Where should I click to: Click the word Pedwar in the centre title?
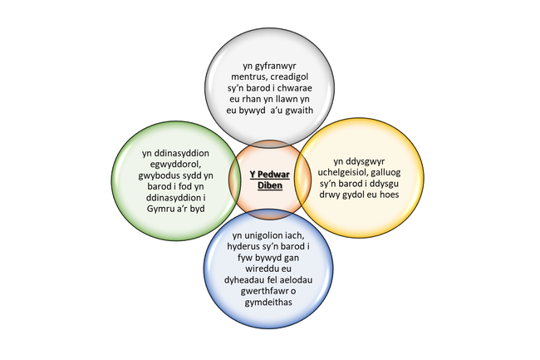click(274, 175)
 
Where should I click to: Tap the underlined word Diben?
click(270, 185)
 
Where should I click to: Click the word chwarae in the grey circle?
click(295, 88)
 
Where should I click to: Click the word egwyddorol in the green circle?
click(175, 165)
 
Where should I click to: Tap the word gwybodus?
click(157, 176)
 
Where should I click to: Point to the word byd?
click(197, 209)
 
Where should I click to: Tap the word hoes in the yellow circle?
click(390, 195)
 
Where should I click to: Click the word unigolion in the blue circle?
click(263, 236)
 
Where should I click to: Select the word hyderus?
click(242, 247)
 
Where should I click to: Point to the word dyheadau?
click(244, 280)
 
